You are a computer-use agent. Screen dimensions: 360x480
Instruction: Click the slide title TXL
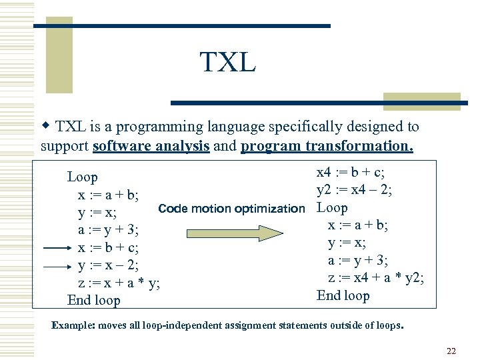(x=227, y=63)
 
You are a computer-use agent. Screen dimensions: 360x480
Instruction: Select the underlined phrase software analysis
(x=151, y=146)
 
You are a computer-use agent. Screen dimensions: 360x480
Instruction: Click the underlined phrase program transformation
(x=327, y=146)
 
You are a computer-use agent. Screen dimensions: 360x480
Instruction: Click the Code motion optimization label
(x=231, y=209)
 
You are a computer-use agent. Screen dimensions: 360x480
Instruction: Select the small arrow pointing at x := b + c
(x=55, y=248)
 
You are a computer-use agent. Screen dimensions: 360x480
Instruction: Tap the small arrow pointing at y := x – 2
(x=55, y=266)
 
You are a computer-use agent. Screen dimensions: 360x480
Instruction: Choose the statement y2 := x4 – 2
(x=353, y=191)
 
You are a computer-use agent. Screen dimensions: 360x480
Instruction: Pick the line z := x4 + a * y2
(x=375, y=278)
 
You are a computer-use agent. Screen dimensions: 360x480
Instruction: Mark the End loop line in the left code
(x=93, y=301)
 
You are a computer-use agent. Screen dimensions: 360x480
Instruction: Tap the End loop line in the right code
(x=343, y=295)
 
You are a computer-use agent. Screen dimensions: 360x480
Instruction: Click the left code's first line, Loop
(x=83, y=177)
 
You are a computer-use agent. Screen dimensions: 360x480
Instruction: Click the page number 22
(x=451, y=351)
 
